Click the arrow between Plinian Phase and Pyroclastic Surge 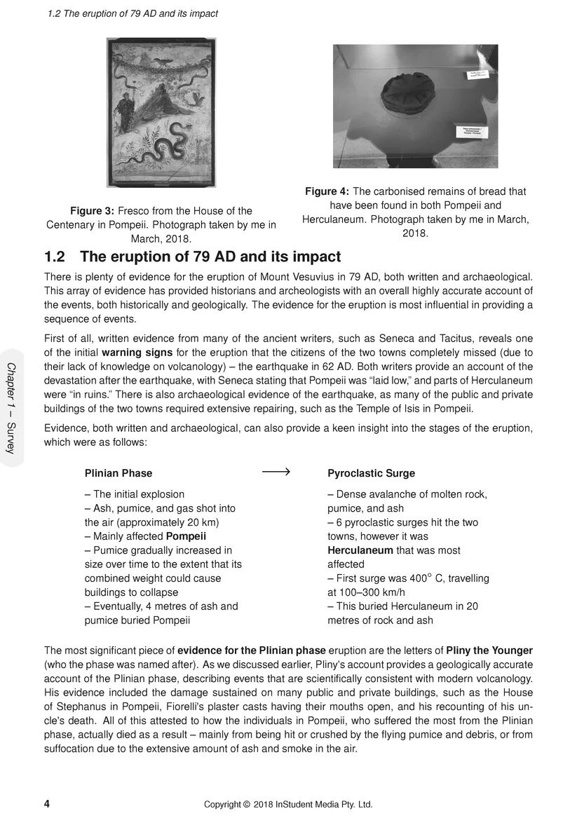pyautogui.click(x=276, y=472)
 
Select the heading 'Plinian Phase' pyautogui.click(x=118, y=473)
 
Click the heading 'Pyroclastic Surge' pyautogui.click(x=371, y=473)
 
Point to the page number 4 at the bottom pyautogui.click(x=47, y=803)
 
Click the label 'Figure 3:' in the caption pyautogui.click(x=93, y=210)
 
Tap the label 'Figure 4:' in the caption pyautogui.click(x=327, y=191)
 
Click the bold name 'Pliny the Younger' pyautogui.click(x=489, y=650)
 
